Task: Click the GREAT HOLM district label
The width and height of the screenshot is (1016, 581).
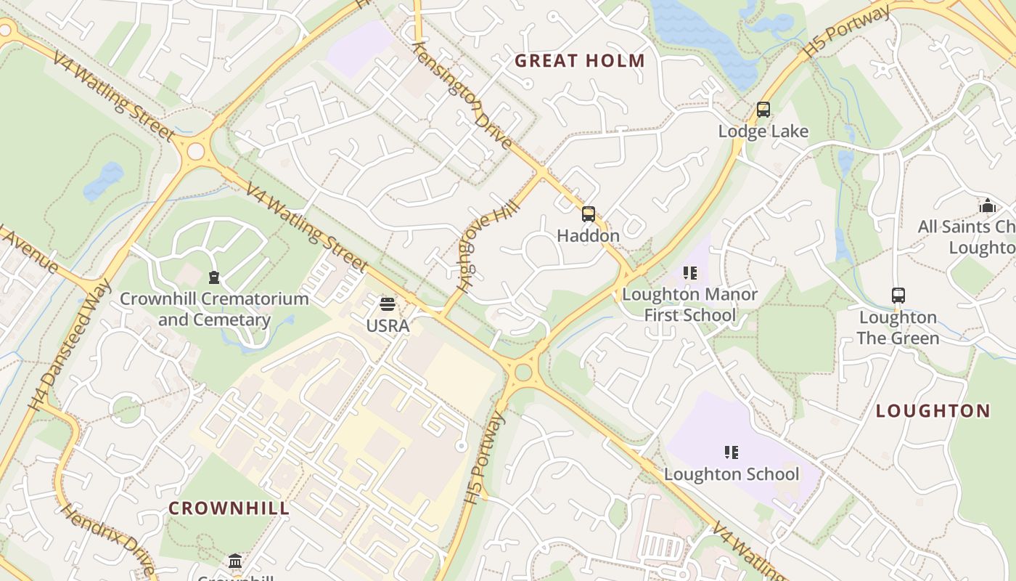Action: pyautogui.click(x=580, y=61)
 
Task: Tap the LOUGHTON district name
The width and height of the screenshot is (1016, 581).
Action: pyautogui.click(x=933, y=411)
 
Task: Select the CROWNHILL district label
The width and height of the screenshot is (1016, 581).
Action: pyautogui.click(x=229, y=508)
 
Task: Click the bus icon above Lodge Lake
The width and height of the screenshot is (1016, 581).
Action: pyautogui.click(x=763, y=110)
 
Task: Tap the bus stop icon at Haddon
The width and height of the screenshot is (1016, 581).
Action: pyautogui.click(x=589, y=214)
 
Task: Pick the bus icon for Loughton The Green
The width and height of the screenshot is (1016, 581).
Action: pyautogui.click(x=898, y=296)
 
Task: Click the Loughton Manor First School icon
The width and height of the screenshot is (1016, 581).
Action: pyautogui.click(x=689, y=274)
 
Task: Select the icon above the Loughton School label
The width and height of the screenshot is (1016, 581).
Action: pyautogui.click(x=732, y=452)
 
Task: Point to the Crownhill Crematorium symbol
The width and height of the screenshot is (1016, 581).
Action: pyautogui.click(x=214, y=277)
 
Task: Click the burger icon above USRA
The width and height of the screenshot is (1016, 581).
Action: pyautogui.click(x=388, y=304)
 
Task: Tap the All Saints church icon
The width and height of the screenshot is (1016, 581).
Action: pyautogui.click(x=987, y=206)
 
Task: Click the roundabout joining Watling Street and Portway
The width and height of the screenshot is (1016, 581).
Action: pyautogui.click(x=523, y=373)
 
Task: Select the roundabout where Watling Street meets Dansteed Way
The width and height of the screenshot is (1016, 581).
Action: pyautogui.click(x=195, y=151)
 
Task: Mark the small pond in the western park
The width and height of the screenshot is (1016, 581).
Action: pyautogui.click(x=103, y=181)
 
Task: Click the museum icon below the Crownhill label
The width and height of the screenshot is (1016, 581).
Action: pyautogui.click(x=235, y=561)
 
